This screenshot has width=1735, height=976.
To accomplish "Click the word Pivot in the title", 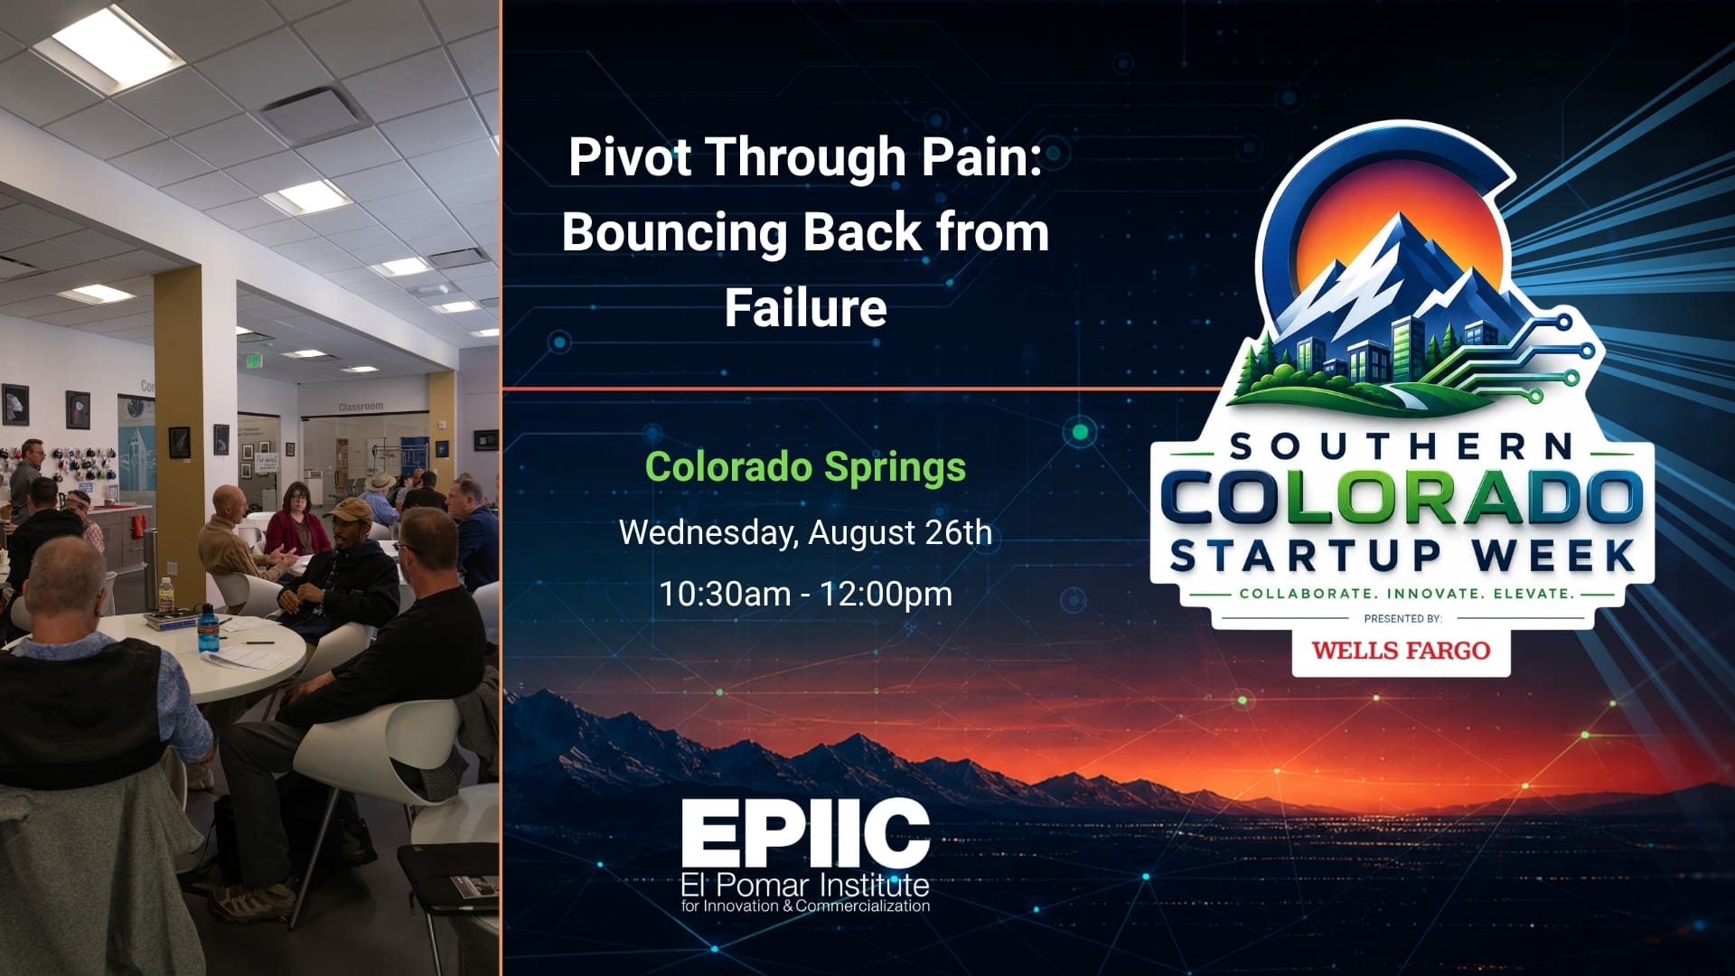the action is pyautogui.click(x=630, y=156).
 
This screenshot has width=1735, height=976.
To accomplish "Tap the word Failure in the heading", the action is pyautogui.click(x=805, y=308).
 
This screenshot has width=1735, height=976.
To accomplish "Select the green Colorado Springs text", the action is pyautogui.click(x=805, y=468).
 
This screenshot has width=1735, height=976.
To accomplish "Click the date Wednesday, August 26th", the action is pyautogui.click(x=805, y=532).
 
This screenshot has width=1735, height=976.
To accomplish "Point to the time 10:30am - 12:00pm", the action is pyautogui.click(x=805, y=594).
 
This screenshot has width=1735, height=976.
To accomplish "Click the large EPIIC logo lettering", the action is pyautogui.click(x=805, y=833).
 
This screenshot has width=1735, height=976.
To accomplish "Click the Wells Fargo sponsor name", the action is pyautogui.click(x=1401, y=650).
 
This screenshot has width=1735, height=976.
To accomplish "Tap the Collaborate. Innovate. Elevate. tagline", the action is pyautogui.click(x=1407, y=594).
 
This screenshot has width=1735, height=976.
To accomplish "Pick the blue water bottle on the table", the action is pyautogui.click(x=207, y=627).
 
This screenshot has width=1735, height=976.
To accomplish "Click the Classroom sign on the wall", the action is pyautogui.click(x=361, y=407).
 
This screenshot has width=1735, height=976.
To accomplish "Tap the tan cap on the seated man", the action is pyautogui.click(x=348, y=510).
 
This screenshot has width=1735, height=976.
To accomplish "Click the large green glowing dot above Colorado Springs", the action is pyautogui.click(x=1079, y=432).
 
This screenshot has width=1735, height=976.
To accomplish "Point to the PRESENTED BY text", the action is pyautogui.click(x=1402, y=619).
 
